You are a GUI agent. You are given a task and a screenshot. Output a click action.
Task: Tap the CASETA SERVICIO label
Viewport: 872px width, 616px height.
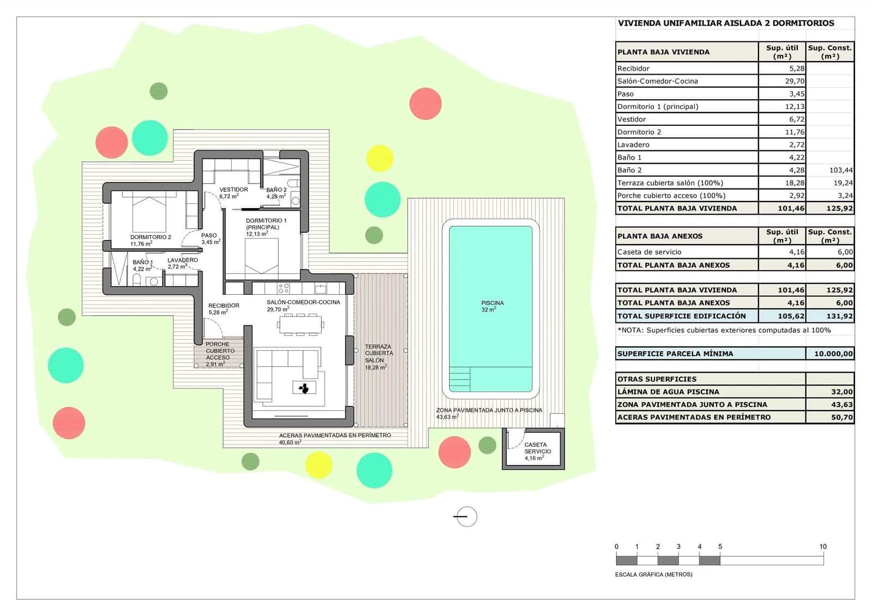click(537, 448)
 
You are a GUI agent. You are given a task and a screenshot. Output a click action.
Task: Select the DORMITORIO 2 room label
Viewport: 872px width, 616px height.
click(150, 237)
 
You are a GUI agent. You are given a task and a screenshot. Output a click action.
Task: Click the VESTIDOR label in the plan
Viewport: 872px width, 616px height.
click(233, 190)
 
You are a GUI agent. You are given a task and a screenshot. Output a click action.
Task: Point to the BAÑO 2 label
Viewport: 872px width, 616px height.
click(276, 190)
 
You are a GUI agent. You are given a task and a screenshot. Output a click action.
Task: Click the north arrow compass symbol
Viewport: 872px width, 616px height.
click(465, 516)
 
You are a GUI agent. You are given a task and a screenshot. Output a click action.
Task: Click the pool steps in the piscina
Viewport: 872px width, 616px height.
click(459, 378)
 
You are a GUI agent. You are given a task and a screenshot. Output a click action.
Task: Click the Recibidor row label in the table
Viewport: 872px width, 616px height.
click(633, 69)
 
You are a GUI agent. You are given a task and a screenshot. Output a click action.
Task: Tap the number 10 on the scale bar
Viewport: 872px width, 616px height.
click(822, 546)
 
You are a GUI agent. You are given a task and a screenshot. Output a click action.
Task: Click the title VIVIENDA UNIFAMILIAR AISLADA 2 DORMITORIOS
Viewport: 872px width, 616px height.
click(725, 23)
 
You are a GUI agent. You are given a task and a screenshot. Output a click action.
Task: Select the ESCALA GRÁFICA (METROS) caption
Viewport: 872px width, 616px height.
click(653, 575)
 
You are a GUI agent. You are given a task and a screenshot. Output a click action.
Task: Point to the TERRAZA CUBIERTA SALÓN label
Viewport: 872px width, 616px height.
click(378, 353)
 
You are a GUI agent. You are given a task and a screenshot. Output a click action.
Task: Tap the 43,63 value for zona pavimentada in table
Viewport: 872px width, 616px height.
click(841, 405)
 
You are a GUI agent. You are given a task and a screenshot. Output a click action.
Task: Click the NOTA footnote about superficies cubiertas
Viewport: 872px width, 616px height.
click(724, 330)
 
